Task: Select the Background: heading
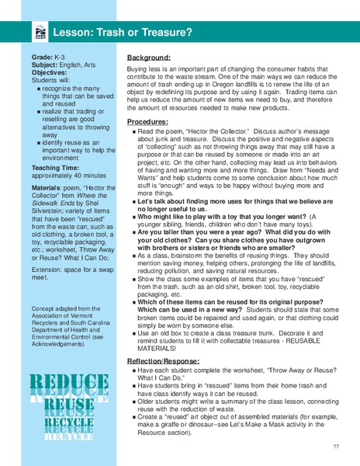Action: [150, 57]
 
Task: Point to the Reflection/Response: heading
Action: [162, 361]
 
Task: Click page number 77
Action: [336, 447]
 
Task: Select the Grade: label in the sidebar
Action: [43, 57]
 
